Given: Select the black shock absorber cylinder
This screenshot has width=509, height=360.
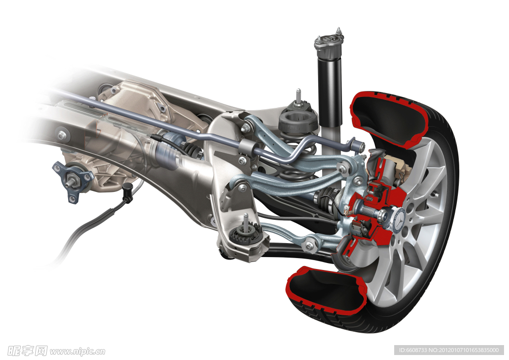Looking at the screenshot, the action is pos(330,92).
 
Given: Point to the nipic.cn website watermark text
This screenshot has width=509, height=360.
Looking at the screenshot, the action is pos(78,351).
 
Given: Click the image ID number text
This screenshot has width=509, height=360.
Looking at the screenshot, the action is pos(448,350).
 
